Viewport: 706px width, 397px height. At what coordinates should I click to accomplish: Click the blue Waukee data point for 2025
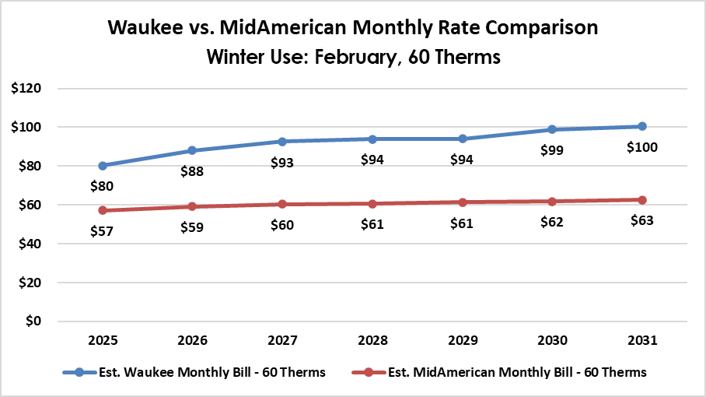coord(103,165)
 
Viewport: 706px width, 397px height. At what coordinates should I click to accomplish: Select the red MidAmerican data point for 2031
coord(642,200)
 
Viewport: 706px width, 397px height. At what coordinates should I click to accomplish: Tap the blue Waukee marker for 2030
coord(552,129)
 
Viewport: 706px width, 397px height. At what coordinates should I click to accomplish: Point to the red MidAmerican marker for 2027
coord(282,204)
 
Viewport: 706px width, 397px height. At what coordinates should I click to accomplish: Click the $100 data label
coord(642,146)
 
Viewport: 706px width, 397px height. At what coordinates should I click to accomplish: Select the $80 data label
coord(103,186)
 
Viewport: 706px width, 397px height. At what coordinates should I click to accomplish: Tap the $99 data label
coord(552,150)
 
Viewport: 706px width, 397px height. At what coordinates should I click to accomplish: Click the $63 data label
coord(642,220)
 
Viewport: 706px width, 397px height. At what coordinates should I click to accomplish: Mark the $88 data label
coord(192,171)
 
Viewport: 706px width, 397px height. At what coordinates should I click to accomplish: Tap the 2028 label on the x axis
coord(372,341)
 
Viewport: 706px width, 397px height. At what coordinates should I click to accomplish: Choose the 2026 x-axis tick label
coord(192,341)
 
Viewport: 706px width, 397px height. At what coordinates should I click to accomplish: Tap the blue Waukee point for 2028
coord(372,139)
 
